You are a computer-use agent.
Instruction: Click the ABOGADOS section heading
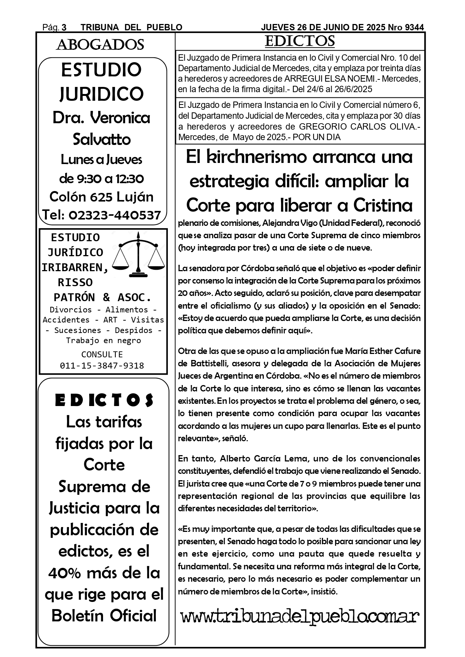click(100, 45)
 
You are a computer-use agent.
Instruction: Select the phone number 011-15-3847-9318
click(102, 366)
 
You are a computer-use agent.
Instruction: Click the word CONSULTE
click(102, 354)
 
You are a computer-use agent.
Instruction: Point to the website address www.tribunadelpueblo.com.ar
click(300, 616)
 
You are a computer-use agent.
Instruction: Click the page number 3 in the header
click(64, 27)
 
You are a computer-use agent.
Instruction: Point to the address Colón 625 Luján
click(102, 197)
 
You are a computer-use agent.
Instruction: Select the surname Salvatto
click(102, 139)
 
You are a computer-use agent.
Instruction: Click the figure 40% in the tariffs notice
click(66, 573)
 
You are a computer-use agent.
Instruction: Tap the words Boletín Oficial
click(104, 615)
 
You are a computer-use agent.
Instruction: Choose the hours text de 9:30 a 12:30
click(102, 179)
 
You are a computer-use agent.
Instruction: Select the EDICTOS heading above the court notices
click(300, 41)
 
